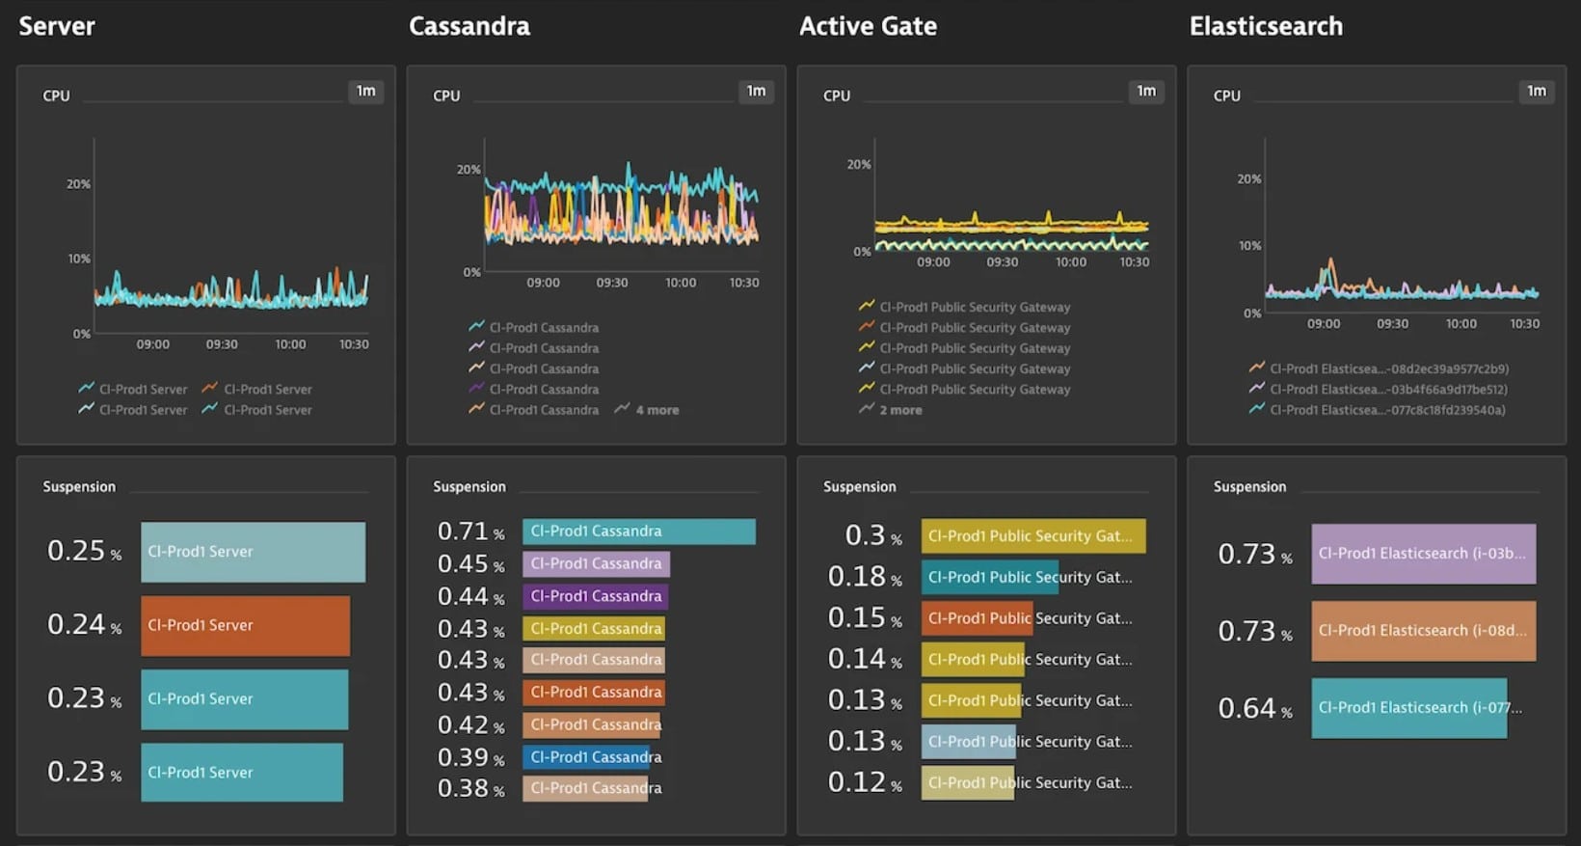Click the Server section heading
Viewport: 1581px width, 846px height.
[57, 26]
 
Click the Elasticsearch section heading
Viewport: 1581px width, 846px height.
[1265, 26]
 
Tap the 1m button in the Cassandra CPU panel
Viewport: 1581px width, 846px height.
[756, 91]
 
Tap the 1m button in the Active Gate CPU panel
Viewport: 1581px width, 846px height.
[1145, 91]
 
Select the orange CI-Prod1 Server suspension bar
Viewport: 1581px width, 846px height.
[245, 625]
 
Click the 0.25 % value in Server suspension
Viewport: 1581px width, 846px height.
[84, 551]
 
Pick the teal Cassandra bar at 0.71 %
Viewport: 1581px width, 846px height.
[638, 532]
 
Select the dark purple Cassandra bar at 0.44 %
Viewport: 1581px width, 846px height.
[595, 596]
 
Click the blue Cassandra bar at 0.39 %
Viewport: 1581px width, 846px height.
[586, 757]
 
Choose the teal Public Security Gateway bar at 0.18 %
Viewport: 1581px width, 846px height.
[989, 577]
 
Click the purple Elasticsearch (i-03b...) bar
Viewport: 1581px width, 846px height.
[1423, 554]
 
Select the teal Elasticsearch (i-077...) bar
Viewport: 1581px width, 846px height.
[1408, 708]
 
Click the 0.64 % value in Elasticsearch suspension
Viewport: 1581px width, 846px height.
[1254, 709]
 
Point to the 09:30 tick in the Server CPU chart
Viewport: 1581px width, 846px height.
[222, 344]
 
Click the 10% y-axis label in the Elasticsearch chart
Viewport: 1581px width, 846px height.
[1249, 246]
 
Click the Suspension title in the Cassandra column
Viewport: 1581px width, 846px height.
[469, 487]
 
